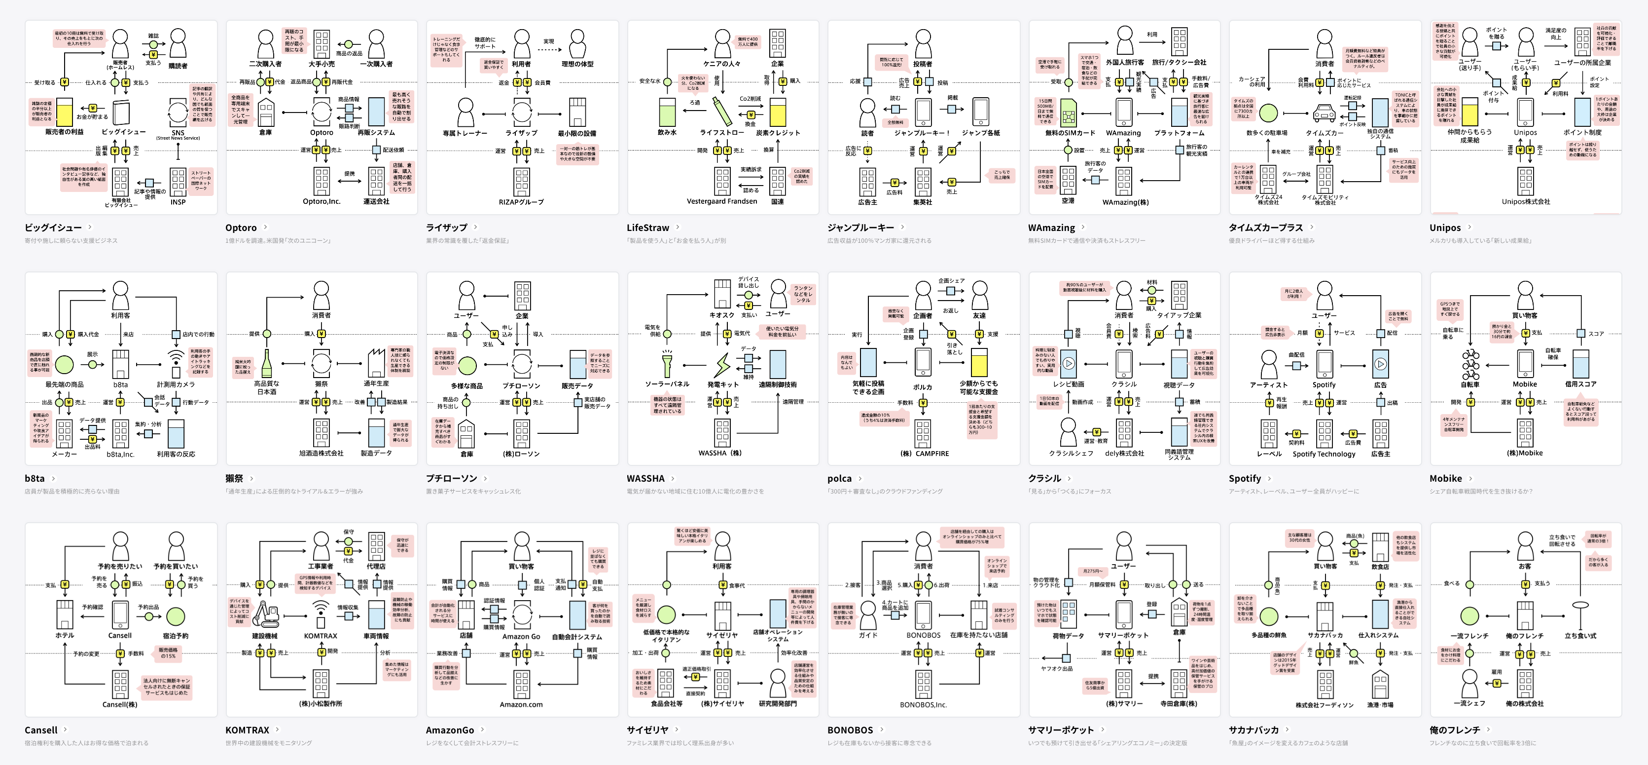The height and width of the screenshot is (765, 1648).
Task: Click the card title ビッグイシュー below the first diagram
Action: [53, 227]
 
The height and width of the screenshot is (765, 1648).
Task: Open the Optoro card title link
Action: [241, 227]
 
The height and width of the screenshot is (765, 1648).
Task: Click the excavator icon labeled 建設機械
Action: [264, 614]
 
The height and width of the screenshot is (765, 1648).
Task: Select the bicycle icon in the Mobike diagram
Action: [1470, 364]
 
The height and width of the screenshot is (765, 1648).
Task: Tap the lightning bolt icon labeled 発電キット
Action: [722, 364]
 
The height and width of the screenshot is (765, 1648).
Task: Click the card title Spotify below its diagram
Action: [1244, 478]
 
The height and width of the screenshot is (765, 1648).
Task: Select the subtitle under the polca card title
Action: [884, 492]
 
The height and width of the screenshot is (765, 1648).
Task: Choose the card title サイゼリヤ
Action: [647, 730]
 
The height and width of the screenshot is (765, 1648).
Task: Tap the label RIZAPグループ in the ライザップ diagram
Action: [521, 202]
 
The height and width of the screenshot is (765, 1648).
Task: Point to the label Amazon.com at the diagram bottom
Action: [521, 705]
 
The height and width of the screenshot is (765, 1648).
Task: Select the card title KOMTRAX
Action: [247, 730]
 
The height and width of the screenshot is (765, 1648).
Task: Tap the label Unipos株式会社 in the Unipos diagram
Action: [1525, 202]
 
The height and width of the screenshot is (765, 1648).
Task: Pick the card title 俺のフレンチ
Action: [1454, 730]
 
